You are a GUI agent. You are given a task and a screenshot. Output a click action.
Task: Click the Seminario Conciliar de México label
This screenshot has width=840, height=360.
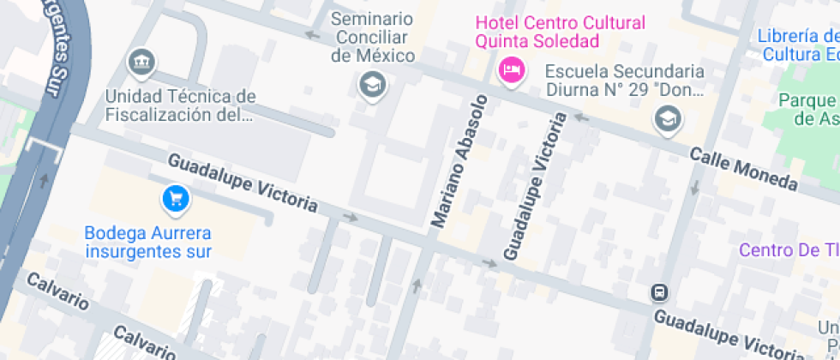373,38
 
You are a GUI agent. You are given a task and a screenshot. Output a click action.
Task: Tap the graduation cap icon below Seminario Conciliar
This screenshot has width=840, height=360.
373,85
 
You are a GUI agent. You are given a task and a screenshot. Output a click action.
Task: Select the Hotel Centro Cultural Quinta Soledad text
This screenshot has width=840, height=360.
561,32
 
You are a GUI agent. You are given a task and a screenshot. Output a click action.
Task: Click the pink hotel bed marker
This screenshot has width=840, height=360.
511,69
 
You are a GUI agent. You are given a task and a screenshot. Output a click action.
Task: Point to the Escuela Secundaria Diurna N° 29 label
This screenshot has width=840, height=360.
624,80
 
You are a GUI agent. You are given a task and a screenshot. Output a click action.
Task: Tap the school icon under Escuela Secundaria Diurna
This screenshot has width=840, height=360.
667,119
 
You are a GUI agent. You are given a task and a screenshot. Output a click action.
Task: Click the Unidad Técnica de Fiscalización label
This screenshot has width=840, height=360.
179,104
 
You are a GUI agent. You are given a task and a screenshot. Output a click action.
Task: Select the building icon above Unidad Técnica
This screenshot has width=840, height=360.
141,62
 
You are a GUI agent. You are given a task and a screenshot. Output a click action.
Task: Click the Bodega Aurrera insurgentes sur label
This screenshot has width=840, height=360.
148,242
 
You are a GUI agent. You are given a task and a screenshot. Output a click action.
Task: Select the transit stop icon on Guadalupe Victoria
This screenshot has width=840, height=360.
660,292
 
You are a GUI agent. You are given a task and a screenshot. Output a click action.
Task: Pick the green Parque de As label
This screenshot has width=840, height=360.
807,109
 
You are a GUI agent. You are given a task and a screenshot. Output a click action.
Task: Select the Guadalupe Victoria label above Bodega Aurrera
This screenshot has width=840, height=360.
243,183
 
